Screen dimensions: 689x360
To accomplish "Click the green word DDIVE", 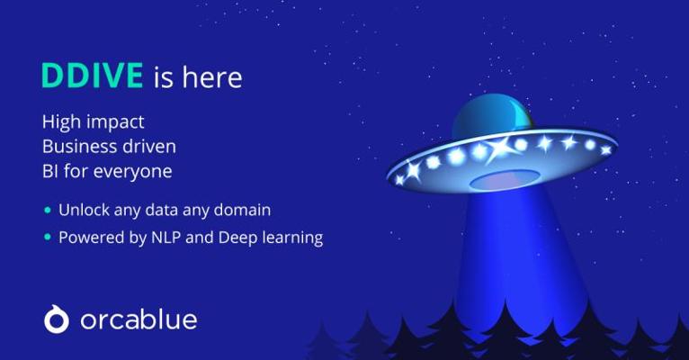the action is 93,76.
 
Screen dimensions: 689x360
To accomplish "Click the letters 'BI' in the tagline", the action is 50,171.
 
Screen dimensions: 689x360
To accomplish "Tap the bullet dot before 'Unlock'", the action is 48,210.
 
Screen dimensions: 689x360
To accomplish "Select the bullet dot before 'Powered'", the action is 48,238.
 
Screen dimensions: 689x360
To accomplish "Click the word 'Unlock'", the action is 84,210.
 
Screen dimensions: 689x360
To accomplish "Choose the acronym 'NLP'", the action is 166,238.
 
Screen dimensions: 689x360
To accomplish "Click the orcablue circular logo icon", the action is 57,319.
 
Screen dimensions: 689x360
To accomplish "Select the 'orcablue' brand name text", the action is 139,319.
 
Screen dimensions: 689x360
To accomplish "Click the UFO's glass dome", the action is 491,116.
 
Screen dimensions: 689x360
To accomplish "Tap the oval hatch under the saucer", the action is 505,180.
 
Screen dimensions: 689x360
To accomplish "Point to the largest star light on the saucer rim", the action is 501,148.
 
